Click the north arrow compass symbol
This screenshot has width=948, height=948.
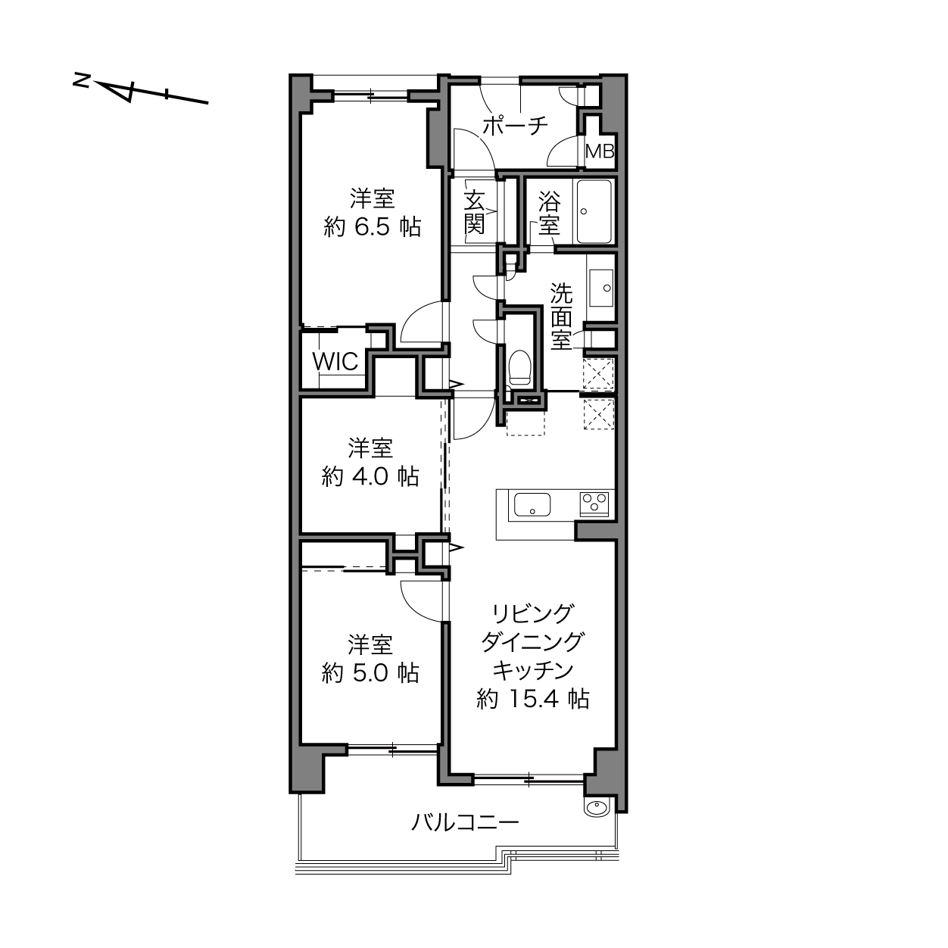click(x=141, y=92)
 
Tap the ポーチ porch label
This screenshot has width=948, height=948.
click(x=515, y=126)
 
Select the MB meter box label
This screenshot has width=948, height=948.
click(x=600, y=151)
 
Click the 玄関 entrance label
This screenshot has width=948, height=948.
click(x=474, y=212)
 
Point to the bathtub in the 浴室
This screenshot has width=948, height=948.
click(x=594, y=211)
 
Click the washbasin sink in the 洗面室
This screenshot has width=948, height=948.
click(x=600, y=288)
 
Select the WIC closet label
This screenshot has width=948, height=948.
click(x=335, y=362)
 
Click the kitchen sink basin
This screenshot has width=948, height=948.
click(x=532, y=505)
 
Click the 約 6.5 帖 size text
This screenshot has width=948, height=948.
click(x=373, y=227)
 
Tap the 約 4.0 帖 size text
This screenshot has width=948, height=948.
click(x=370, y=477)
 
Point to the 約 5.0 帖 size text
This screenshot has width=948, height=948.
click(x=370, y=673)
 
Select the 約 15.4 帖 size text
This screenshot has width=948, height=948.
click(x=533, y=699)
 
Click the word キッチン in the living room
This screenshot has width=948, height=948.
click(x=533, y=670)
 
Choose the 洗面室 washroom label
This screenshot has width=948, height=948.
click(x=561, y=317)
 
